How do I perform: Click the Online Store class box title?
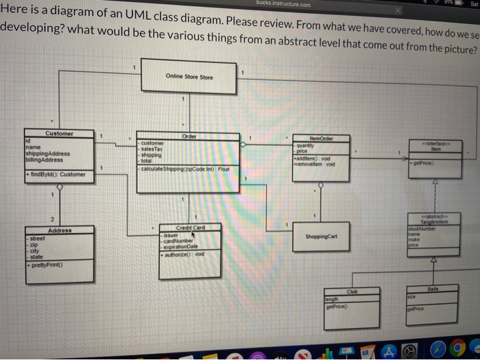pos(189,77)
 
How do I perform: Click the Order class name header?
pos(190,136)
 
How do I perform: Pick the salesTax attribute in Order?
pos(154,149)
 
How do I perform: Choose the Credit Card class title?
pos(189,227)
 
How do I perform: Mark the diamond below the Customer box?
pos(59,187)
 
